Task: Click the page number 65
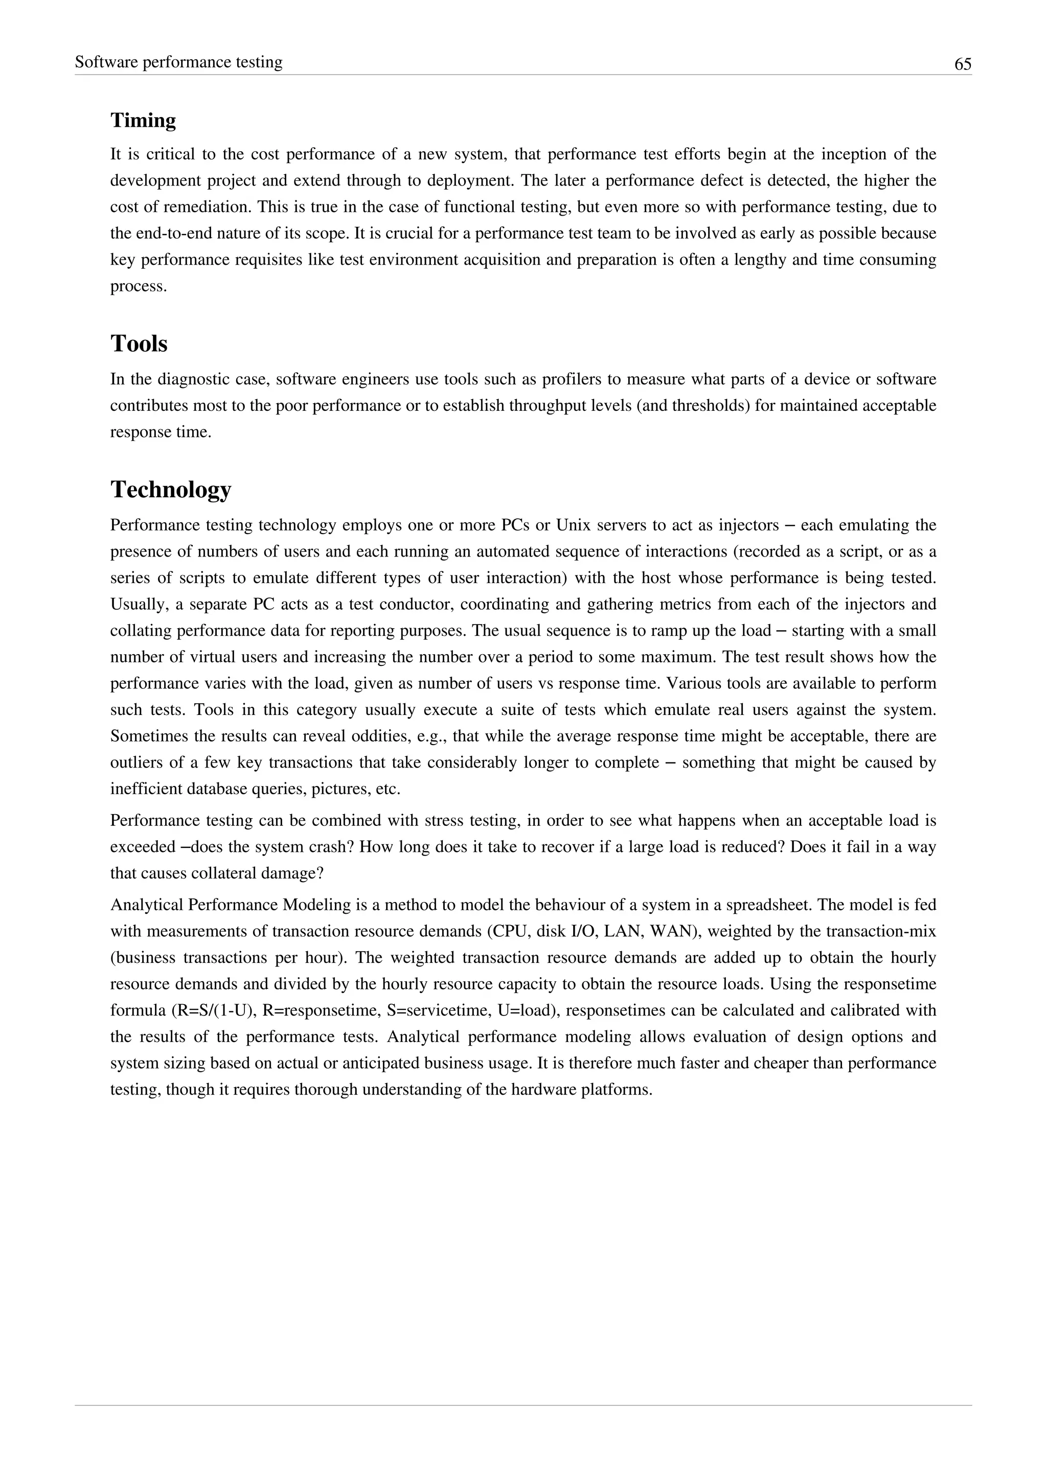coord(963,64)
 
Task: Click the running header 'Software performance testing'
coord(178,62)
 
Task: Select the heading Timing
coord(143,121)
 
